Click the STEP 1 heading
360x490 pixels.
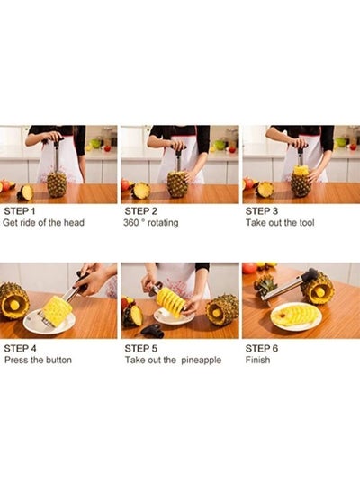pos(20,211)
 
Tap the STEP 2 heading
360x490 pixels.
pos(140,211)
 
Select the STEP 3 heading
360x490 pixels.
pos(262,211)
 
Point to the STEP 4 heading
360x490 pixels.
pos(20,348)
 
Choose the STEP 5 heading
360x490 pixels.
pos(140,348)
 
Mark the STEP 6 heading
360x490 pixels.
pos(262,348)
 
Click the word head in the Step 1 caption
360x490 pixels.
pos(74,222)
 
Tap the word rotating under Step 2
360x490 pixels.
pos(163,223)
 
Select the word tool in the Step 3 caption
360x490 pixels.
pos(307,223)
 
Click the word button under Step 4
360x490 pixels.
pos(58,360)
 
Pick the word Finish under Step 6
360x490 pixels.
pos(257,360)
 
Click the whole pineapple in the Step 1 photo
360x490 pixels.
pos(57,183)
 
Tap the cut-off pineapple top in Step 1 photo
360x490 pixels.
pos(25,192)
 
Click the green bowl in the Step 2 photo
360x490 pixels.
pos(220,145)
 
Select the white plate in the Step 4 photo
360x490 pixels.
pos(49,322)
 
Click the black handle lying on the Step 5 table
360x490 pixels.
pos(153,331)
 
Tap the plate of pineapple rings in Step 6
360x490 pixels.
pos(296,316)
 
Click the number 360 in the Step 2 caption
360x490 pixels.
pos(130,223)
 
